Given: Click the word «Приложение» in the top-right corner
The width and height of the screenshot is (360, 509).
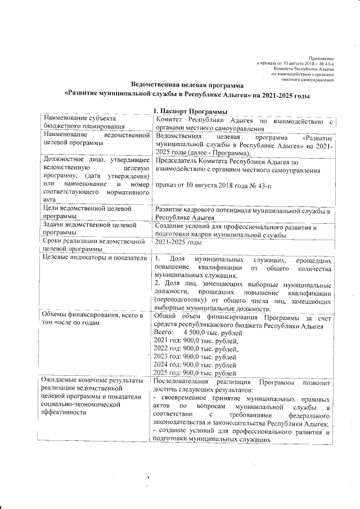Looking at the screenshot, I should coord(323,58).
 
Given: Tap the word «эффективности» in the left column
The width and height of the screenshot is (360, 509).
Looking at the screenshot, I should coord(65,413).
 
